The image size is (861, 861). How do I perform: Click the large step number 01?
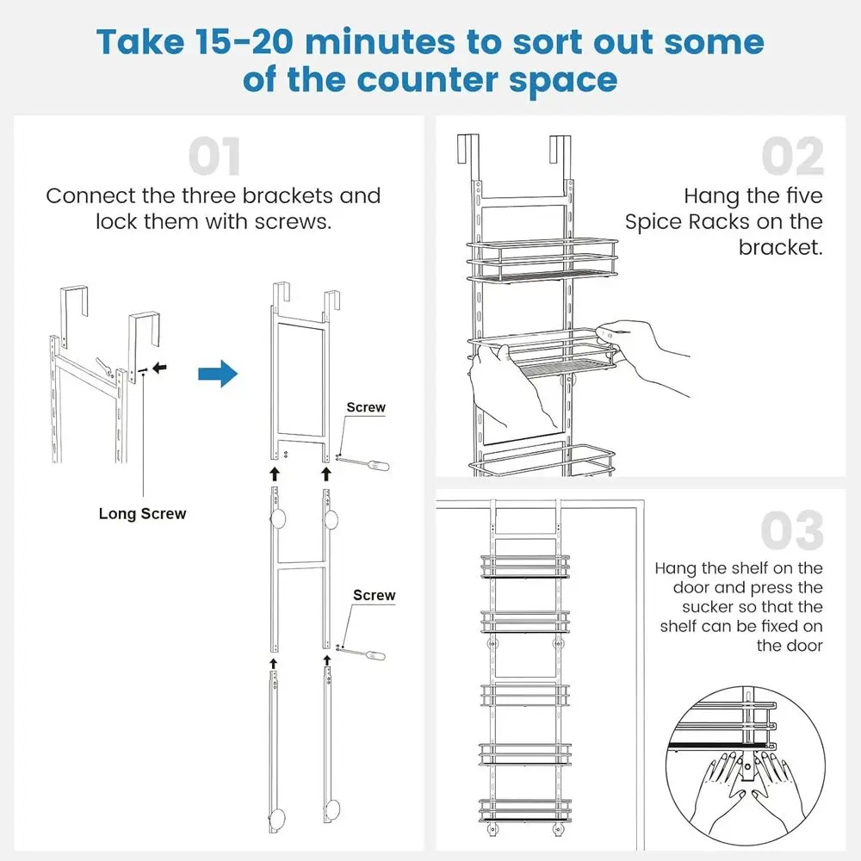point(214,157)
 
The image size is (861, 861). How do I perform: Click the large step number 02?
point(792,156)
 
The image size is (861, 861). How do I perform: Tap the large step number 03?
point(792,530)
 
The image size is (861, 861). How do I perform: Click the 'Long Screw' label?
point(142,514)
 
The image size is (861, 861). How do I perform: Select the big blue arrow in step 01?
point(218,374)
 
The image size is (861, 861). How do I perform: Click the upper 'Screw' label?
point(366,407)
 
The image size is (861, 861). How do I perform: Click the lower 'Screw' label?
point(374,595)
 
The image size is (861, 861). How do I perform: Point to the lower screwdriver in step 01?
point(362,653)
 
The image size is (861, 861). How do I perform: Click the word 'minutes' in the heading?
point(380,42)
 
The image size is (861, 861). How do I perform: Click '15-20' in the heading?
point(244,42)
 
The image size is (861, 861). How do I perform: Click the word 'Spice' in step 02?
point(653,222)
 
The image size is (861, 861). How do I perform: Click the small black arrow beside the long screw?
point(160,368)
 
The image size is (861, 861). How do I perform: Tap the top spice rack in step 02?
point(542,259)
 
